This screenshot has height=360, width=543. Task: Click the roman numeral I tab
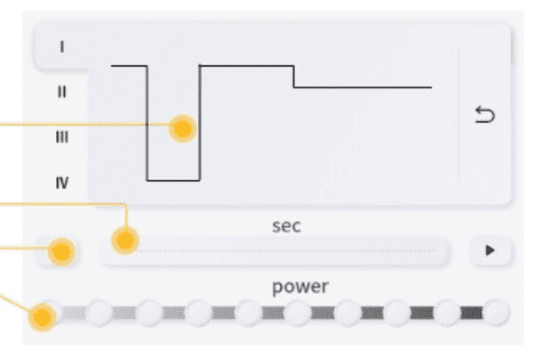(x=62, y=47)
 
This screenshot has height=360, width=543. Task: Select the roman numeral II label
(x=61, y=92)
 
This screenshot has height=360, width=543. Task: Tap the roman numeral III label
(x=62, y=137)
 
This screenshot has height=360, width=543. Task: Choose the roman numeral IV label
(x=62, y=182)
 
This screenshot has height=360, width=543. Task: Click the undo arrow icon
(x=485, y=115)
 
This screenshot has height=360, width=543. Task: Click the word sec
(x=286, y=227)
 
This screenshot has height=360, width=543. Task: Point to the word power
(x=300, y=288)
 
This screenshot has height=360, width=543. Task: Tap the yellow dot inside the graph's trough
(x=182, y=129)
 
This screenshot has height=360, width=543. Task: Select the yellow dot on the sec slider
(x=126, y=241)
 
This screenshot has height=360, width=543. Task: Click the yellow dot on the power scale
(x=42, y=317)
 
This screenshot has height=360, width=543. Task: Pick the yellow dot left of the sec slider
(x=61, y=252)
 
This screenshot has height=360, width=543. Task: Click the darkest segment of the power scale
(x=472, y=313)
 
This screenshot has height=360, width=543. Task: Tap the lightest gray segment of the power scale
(x=74, y=313)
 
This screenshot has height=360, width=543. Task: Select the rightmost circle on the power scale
(x=496, y=313)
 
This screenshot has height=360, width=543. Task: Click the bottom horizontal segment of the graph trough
(x=173, y=180)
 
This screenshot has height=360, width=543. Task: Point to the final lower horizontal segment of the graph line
(x=362, y=88)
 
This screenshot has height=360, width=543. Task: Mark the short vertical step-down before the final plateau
(x=294, y=76)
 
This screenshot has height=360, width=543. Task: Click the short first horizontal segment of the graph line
(x=130, y=65)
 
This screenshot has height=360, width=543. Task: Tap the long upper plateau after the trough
(x=247, y=65)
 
